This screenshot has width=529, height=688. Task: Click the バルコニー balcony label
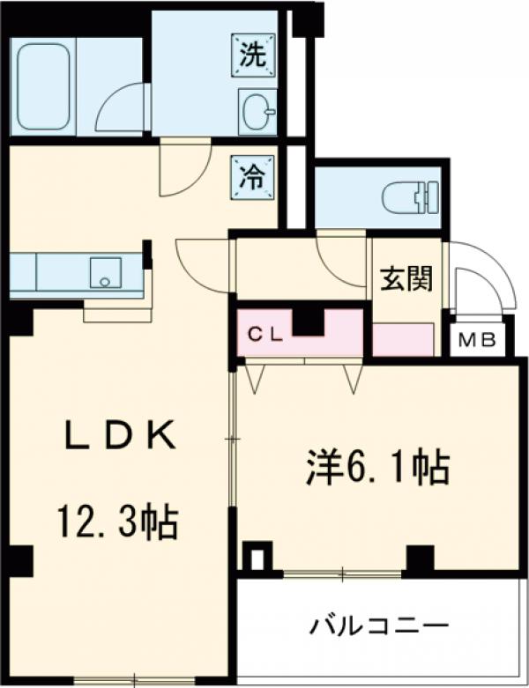click(379, 627)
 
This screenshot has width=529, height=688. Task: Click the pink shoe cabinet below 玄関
click(403, 339)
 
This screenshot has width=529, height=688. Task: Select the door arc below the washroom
click(182, 170)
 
